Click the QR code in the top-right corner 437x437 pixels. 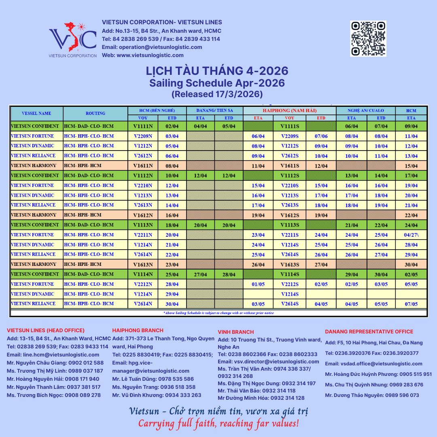(368, 38)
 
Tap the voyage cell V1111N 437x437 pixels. (143, 126)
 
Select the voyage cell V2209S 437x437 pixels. (289, 136)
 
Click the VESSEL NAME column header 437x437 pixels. (36, 113)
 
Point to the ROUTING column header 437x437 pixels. (95, 113)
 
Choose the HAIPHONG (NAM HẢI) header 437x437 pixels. (289, 110)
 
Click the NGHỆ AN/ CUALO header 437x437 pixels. (365, 110)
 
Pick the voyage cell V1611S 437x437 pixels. (289, 166)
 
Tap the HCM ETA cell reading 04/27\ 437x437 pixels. (411, 235)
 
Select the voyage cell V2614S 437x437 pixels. (289, 304)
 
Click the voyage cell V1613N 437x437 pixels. (143, 265)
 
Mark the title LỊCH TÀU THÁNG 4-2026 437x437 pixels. (217, 71)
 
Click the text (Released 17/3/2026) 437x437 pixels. (217, 94)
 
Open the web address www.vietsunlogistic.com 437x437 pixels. (150, 55)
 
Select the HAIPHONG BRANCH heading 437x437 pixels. (138, 330)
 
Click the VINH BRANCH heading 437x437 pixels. (236, 332)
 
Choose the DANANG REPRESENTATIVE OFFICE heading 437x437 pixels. (369, 332)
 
